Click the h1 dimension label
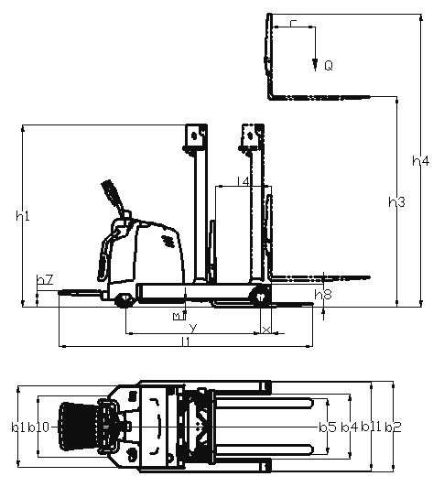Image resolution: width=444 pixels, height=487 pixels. point(23,215)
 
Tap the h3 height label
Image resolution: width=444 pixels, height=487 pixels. point(396,202)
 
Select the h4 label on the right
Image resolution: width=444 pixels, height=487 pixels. point(421,161)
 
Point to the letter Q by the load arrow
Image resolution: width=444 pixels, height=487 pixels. point(329,66)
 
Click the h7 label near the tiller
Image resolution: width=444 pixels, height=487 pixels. point(45,279)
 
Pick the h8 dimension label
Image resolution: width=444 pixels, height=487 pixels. point(323,295)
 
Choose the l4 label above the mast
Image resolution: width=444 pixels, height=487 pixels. point(244,181)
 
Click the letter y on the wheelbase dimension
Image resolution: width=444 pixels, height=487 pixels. point(193,328)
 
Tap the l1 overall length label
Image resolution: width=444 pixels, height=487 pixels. point(186,341)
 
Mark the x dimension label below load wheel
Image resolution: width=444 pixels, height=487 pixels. point(266,330)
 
